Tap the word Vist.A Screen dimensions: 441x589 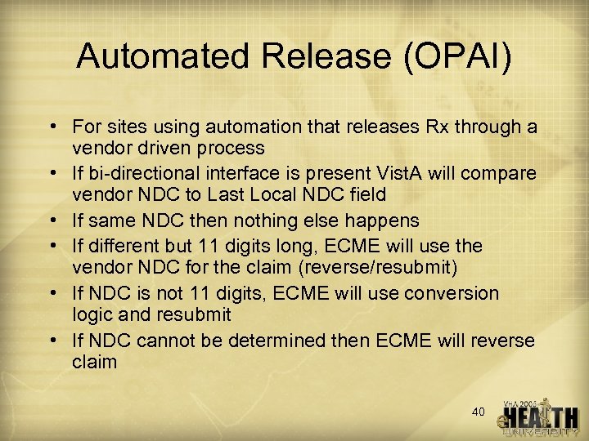click(401, 174)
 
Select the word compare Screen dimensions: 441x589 click(507, 174)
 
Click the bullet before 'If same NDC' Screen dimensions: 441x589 click(52, 220)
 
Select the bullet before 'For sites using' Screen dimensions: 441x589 click(52, 127)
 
